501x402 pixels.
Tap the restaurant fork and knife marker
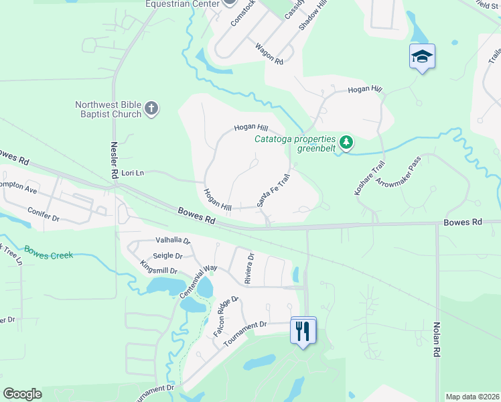click(303, 330)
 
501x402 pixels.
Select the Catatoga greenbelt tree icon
click(346, 142)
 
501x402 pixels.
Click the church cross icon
click(151, 108)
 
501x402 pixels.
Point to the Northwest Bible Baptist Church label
click(109, 109)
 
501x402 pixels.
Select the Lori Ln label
click(131, 173)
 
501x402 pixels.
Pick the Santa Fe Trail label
click(273, 190)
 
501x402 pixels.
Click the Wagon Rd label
click(269, 54)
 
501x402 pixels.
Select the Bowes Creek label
click(48, 253)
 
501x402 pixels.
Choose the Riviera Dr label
click(249, 268)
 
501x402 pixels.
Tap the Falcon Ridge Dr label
click(226, 316)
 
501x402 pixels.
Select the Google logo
click(22, 394)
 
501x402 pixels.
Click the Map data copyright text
click(472, 397)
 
